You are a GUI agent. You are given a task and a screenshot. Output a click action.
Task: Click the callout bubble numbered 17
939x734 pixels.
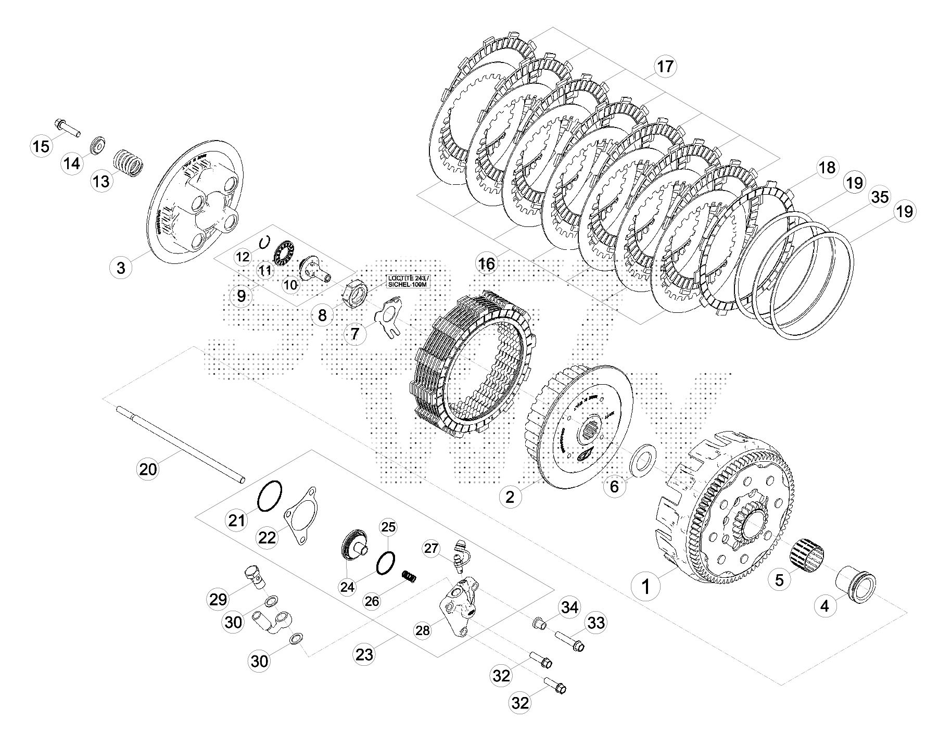664,68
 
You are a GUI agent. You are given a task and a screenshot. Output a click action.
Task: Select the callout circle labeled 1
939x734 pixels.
645,587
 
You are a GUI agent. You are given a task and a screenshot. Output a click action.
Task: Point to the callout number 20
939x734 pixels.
148,469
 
